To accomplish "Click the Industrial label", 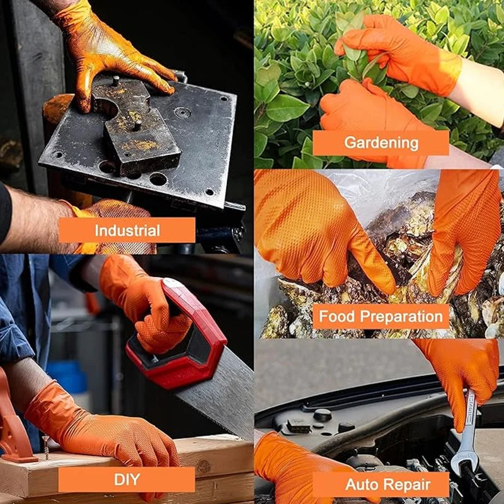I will tap(127, 230).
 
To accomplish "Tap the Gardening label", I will tap(381, 142).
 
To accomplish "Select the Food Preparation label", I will tap(381, 316).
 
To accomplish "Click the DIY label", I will tap(127, 479).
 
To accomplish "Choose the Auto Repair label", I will tap(381, 484).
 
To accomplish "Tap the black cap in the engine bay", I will tap(323, 415).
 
